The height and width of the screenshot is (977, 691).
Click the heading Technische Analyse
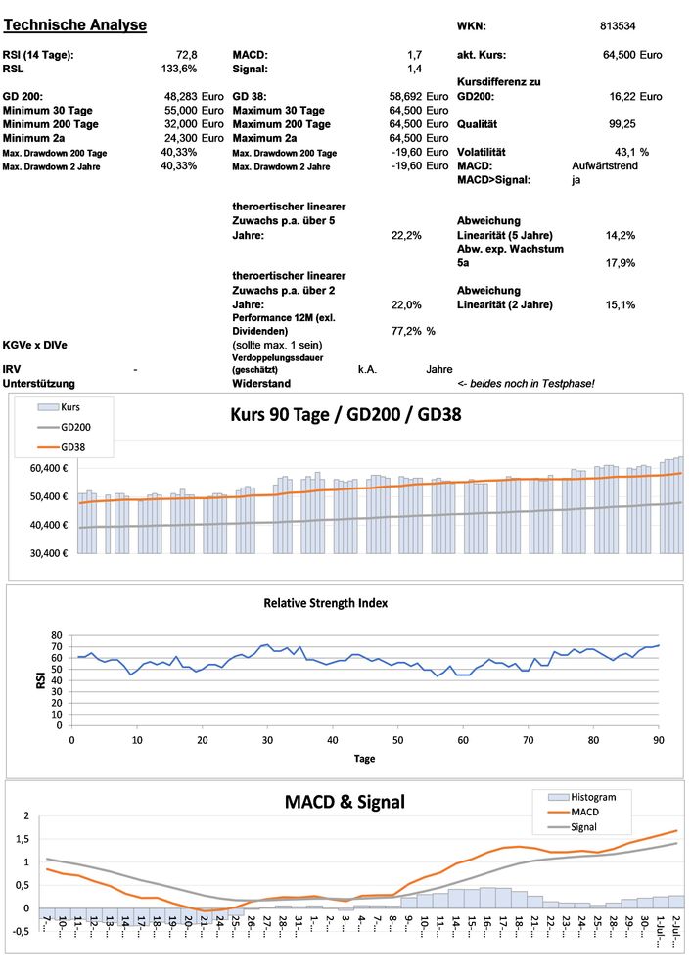[x=75, y=24]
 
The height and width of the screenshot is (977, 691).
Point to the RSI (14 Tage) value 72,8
[x=186, y=55]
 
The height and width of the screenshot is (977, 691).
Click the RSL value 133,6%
[x=179, y=69]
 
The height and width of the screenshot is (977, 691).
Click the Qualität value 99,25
[x=622, y=124]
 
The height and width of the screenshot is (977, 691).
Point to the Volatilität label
[x=482, y=152]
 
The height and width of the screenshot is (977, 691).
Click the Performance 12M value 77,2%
[x=406, y=332]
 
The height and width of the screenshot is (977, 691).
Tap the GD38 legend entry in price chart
[x=75, y=447]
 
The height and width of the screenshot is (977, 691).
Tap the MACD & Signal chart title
[x=345, y=802]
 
